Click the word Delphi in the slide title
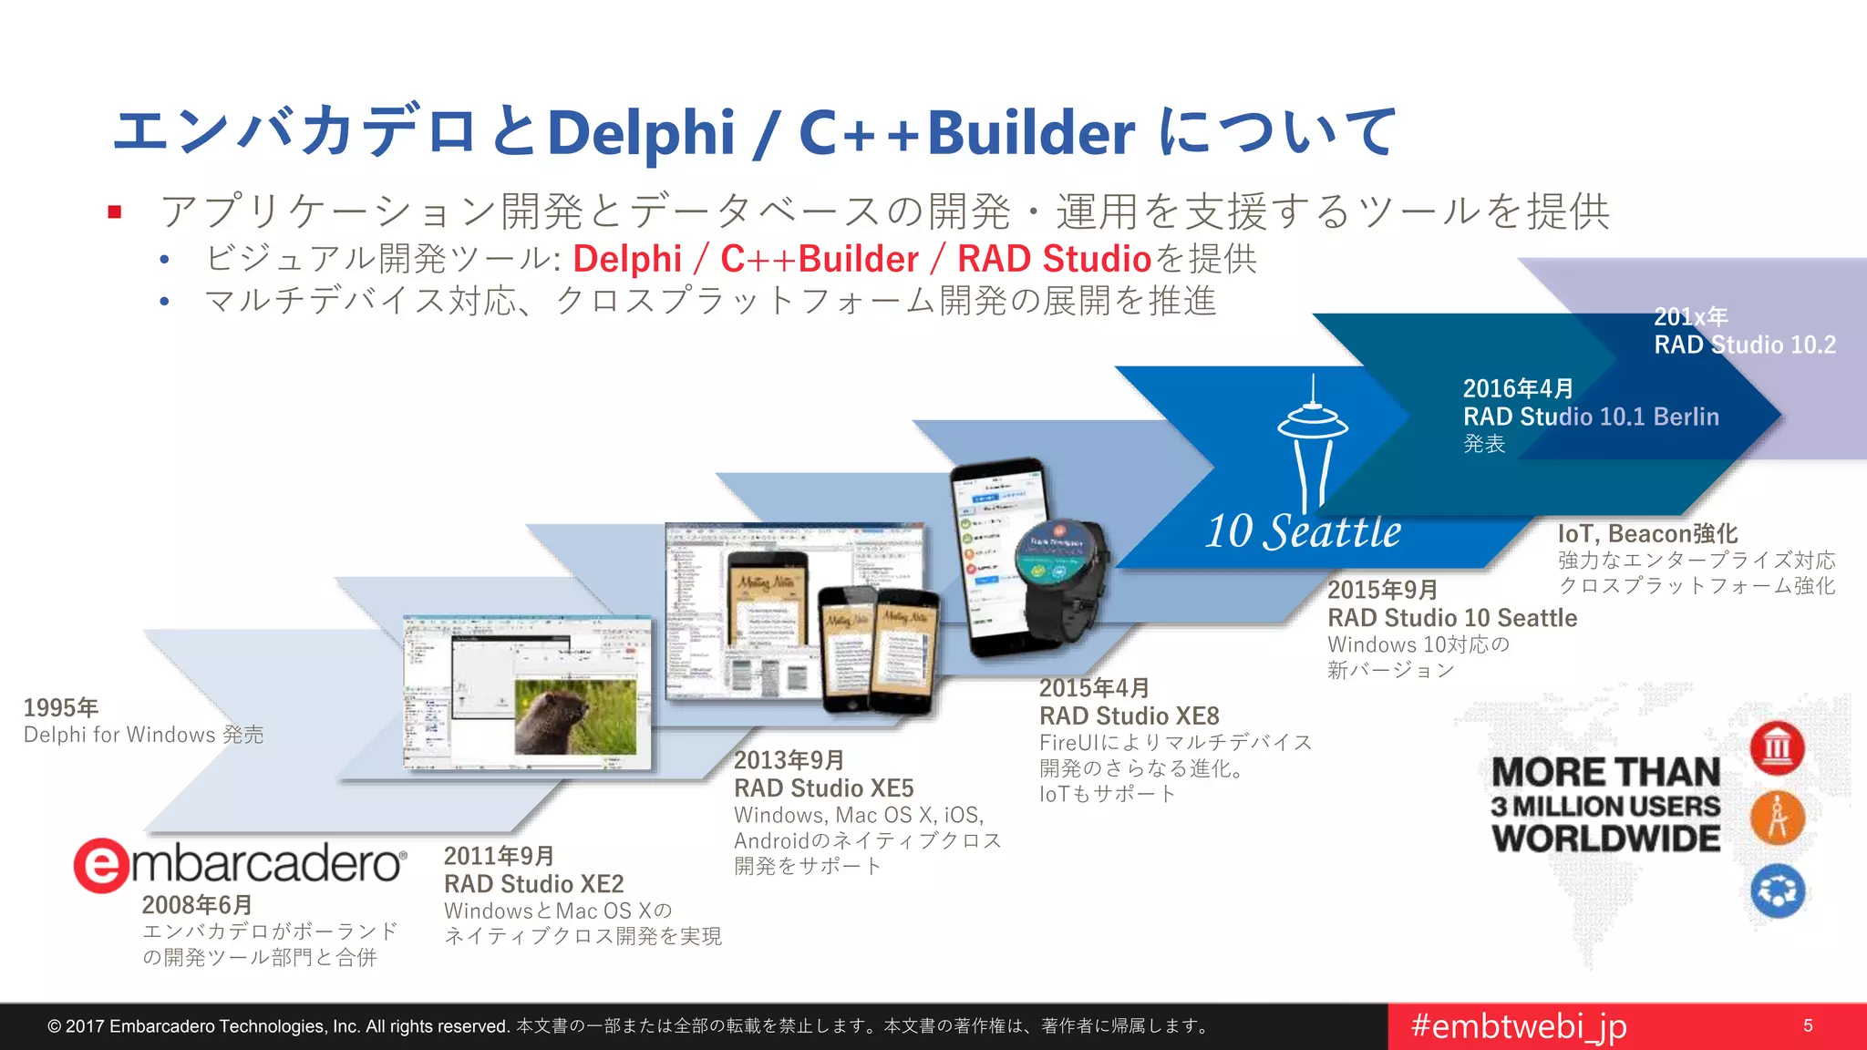(641, 133)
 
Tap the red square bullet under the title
(115, 212)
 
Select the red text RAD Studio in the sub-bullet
(1054, 260)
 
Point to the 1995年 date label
(60, 708)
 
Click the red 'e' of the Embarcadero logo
(101, 865)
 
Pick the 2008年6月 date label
(197, 905)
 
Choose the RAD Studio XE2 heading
(533, 884)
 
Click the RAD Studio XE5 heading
(823, 788)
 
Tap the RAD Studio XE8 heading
(1129, 716)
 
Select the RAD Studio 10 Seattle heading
(1451, 618)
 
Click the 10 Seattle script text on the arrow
(1303, 532)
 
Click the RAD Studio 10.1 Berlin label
(1591, 417)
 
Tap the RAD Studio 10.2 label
(1745, 345)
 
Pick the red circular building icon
(1777, 748)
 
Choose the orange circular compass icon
(1777, 818)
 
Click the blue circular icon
(1777, 890)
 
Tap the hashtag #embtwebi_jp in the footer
(1518, 1026)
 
